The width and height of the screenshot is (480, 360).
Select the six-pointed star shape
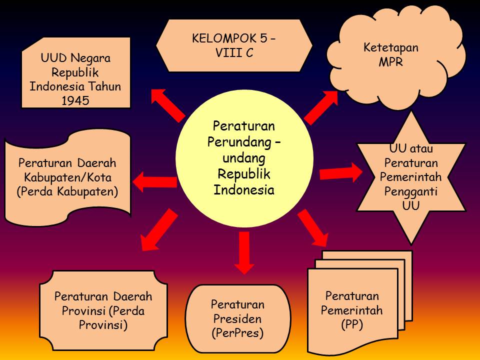point(411,177)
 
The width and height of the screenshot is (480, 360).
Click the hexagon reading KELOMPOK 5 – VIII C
point(234,45)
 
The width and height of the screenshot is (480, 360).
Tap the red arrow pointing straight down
point(243,252)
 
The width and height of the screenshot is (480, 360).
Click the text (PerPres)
point(237,332)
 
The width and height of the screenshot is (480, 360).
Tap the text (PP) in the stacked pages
point(352,324)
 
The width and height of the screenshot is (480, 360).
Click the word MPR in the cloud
point(391,63)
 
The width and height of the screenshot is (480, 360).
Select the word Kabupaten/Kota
point(67,177)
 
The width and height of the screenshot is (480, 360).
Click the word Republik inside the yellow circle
point(243,173)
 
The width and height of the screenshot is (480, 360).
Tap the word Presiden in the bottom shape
point(237,318)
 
